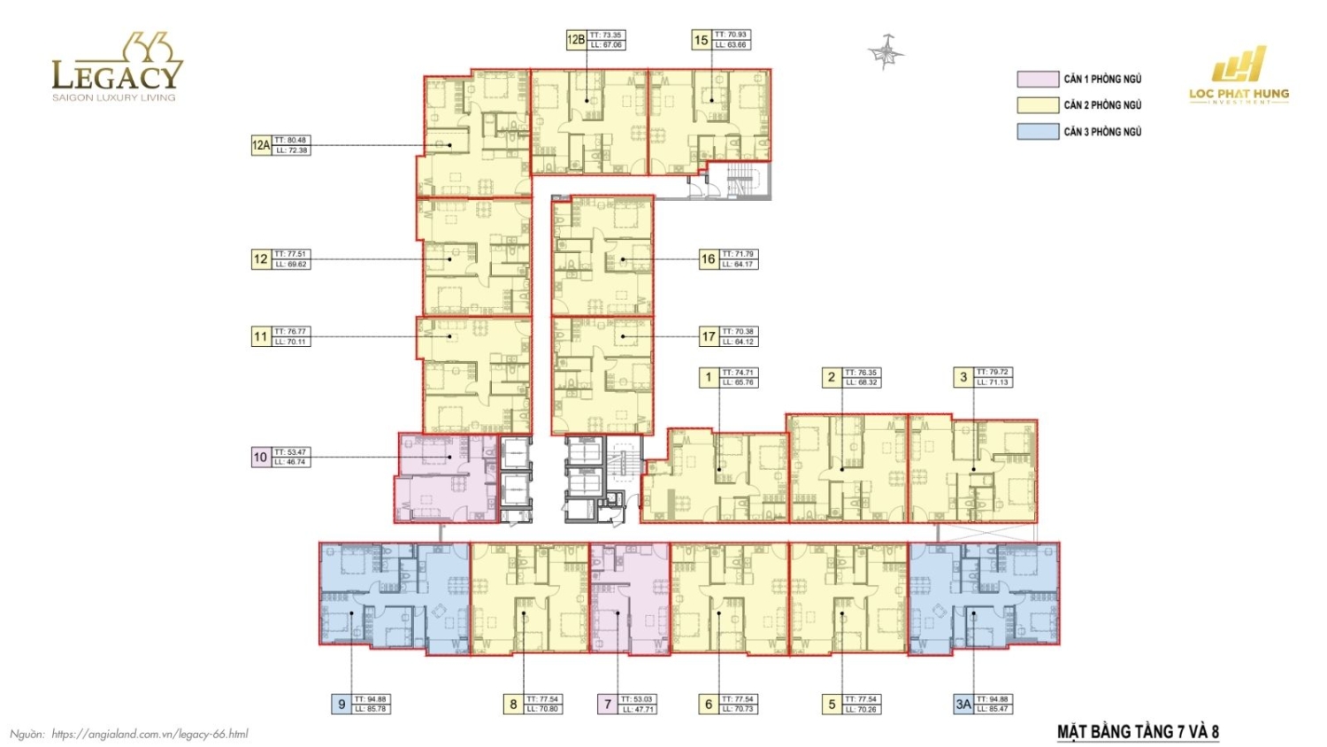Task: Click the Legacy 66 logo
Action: [x=116, y=68]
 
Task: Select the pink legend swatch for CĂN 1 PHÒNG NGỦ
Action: [x=1038, y=80]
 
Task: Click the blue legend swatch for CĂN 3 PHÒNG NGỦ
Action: [x=1038, y=132]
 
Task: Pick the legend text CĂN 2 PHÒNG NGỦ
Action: [x=1102, y=105]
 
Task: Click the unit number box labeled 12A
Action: [x=261, y=145]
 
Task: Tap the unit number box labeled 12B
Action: [x=576, y=40]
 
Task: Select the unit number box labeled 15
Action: [x=702, y=40]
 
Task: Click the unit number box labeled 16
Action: [x=708, y=259]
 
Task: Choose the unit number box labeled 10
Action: [x=260, y=458]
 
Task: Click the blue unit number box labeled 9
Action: [x=341, y=705]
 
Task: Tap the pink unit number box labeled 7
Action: [x=608, y=705]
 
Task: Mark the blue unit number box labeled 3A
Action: [x=963, y=705]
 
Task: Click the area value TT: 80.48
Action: [x=291, y=141]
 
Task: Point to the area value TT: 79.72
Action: [x=993, y=373]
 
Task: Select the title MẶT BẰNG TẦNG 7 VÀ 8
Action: [x=1138, y=732]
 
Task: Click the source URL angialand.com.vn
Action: [x=150, y=734]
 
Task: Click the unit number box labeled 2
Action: [x=831, y=377]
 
